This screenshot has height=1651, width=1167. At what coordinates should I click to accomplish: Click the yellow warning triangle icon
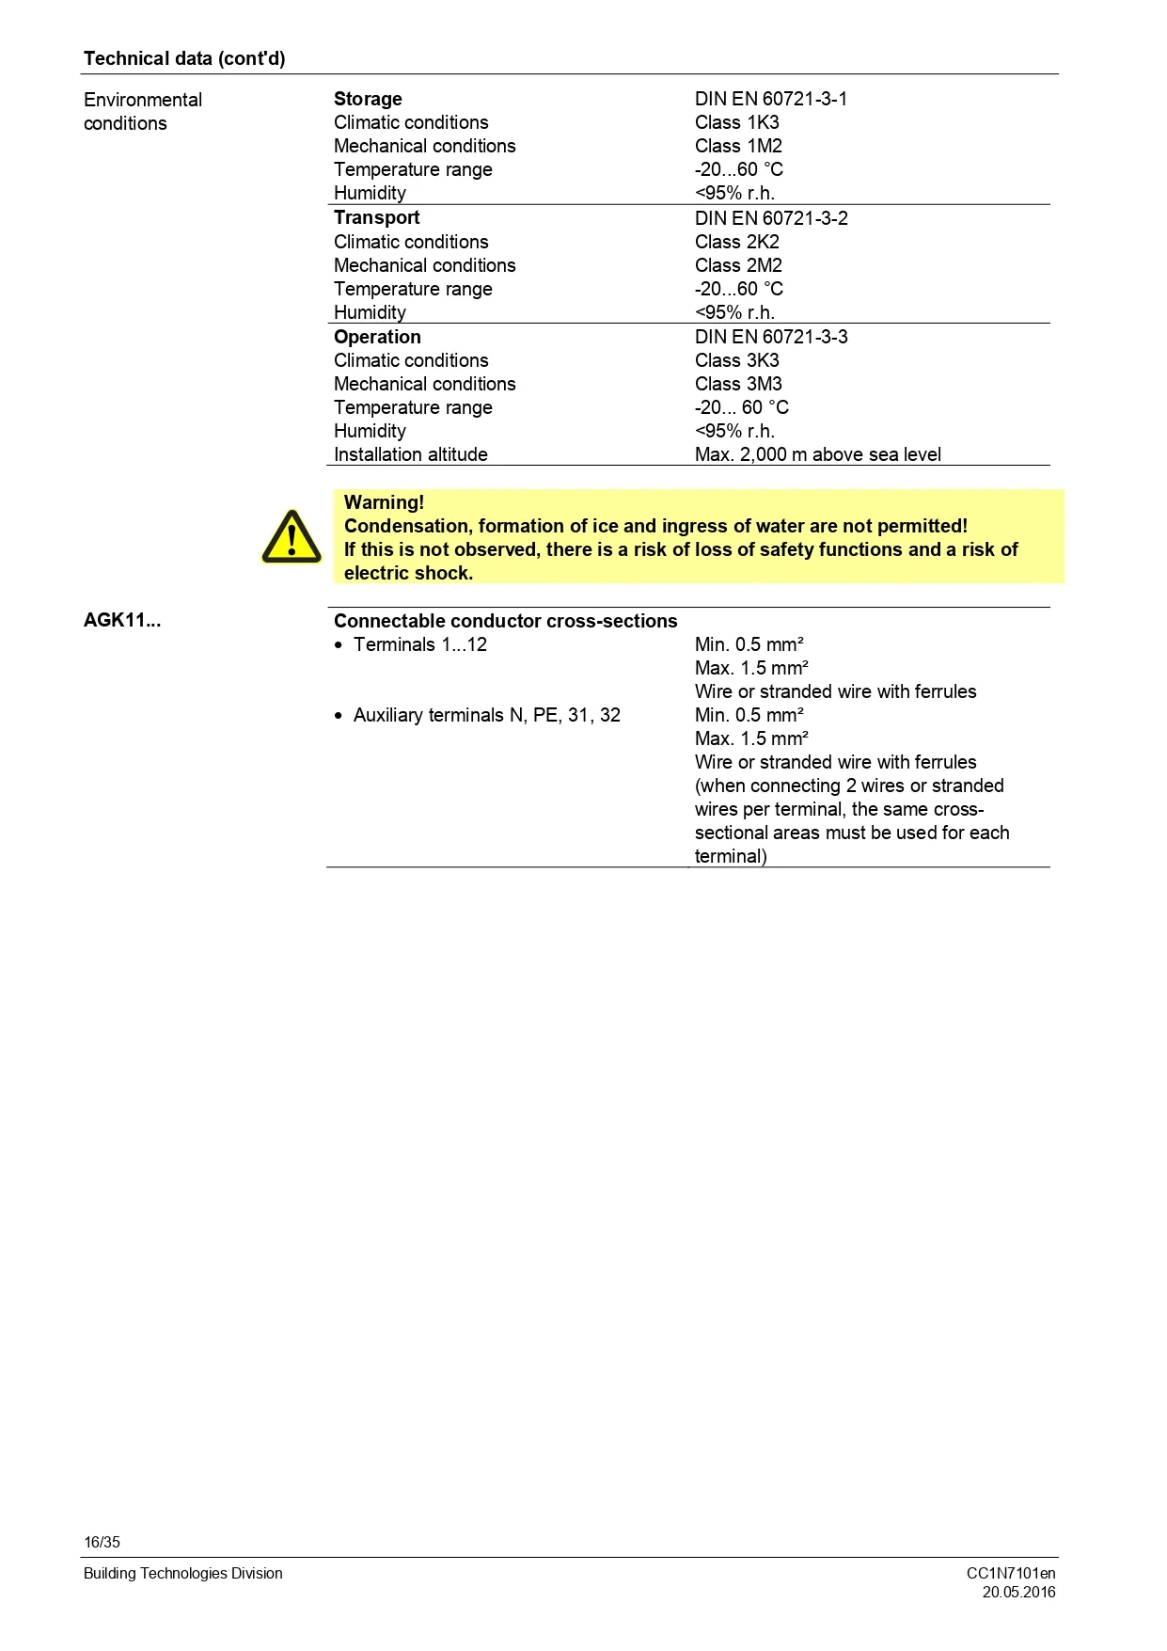point(292,537)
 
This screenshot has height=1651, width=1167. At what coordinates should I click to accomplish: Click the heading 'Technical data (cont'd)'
point(184,58)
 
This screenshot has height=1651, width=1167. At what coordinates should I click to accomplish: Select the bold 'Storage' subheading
point(368,99)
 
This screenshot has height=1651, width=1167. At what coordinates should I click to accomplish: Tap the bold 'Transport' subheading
point(376,217)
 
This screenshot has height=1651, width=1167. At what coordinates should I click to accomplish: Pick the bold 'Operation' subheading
point(377,337)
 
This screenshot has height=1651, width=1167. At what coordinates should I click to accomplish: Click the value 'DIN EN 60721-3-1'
point(770,99)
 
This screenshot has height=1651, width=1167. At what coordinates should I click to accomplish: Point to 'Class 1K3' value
point(736,122)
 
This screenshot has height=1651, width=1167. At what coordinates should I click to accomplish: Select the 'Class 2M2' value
point(738,265)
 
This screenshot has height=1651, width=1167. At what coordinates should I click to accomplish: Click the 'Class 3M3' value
point(738,384)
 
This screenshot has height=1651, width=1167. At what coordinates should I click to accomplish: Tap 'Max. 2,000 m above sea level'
point(817,454)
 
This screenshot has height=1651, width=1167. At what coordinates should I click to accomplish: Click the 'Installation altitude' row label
point(410,454)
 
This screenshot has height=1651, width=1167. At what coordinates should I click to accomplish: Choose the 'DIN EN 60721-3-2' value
point(771,218)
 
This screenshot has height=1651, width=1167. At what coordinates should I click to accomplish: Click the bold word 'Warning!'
point(384,502)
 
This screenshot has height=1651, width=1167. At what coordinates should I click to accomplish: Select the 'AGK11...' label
point(122,620)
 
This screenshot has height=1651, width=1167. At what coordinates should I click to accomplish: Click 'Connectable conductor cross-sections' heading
point(505,621)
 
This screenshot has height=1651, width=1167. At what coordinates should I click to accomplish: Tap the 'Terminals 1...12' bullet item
point(419,644)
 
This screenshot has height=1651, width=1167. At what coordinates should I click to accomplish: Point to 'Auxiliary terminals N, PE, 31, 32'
point(486,715)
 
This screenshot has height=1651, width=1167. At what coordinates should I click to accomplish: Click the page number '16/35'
point(102,1542)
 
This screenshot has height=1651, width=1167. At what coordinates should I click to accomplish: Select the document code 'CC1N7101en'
point(1011,1573)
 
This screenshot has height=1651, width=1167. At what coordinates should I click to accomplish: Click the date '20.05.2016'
point(1018,1592)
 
